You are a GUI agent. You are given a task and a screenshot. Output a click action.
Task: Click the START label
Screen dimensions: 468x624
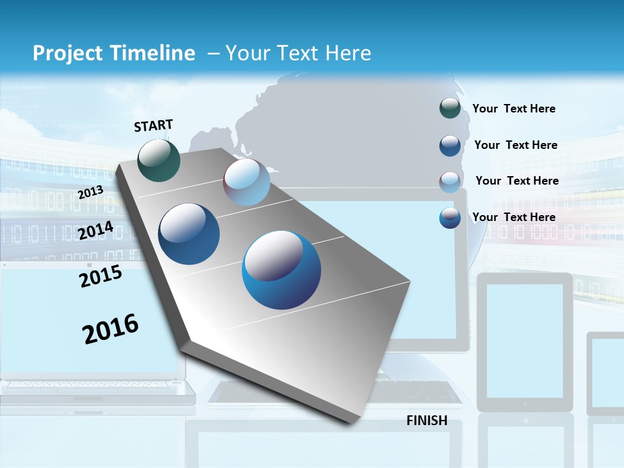[x=153, y=125]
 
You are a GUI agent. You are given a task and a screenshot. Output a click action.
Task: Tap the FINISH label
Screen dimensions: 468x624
[x=427, y=421]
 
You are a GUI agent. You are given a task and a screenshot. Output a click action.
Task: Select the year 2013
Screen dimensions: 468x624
[x=90, y=192]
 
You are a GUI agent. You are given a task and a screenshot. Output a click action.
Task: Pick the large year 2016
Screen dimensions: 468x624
[x=110, y=329]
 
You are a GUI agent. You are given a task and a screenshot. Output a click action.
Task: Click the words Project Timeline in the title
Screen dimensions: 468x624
[x=114, y=53]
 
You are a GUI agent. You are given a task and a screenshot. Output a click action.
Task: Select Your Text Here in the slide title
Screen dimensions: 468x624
[x=298, y=53]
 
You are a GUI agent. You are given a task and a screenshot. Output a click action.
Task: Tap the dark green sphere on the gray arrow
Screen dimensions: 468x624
[x=159, y=160]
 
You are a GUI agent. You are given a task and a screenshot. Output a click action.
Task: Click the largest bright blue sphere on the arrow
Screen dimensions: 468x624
[x=281, y=270]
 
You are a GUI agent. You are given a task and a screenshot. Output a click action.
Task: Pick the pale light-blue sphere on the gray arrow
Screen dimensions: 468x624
[x=246, y=183]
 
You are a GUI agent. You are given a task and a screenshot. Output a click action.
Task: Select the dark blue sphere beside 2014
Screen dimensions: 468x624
[x=189, y=234]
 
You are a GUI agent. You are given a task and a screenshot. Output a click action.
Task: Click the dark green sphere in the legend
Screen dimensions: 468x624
[x=450, y=108]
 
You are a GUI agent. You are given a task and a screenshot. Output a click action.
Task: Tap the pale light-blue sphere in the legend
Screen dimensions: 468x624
[x=450, y=181]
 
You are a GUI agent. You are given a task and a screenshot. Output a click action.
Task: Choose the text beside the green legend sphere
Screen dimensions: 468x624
[x=513, y=109]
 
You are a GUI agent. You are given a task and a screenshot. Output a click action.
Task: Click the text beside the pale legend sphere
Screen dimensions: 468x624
[x=517, y=181]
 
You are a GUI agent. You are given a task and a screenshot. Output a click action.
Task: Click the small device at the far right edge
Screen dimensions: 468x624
[x=605, y=374]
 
